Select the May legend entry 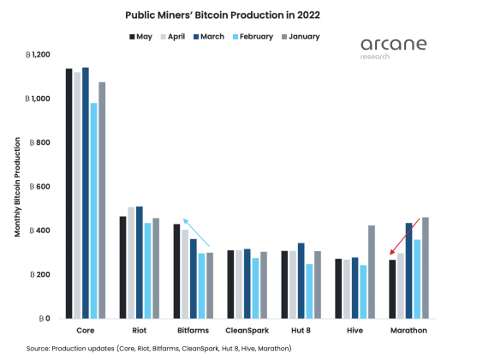coord(142,37)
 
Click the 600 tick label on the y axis coord(40,187)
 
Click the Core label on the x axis coord(86,330)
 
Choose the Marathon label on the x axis coord(409,330)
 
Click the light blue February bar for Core coord(93,211)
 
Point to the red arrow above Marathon coord(406,235)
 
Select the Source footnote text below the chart coord(158,348)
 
